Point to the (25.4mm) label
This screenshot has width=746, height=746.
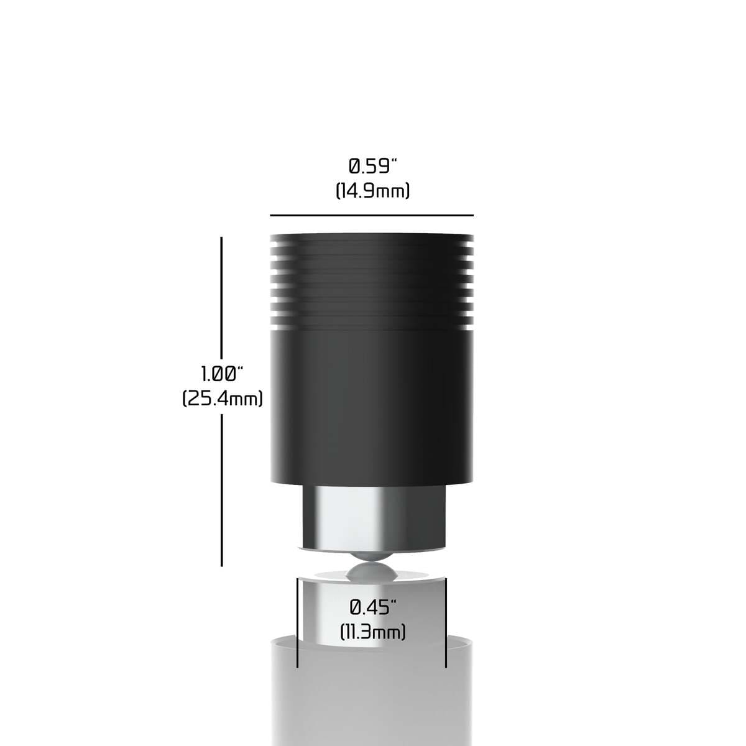223,398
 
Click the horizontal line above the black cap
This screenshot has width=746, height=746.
372,215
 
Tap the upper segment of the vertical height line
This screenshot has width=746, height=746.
222,298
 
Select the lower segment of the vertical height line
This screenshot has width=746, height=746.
222,491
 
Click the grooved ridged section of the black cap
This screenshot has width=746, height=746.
372,280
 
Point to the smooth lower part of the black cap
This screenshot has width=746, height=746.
372,404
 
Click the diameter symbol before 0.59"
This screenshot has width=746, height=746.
354,167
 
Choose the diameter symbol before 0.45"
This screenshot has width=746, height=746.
356,606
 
